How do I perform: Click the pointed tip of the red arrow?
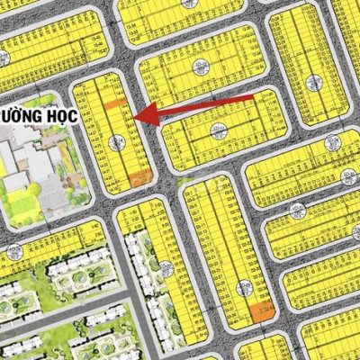pyautogui.click(x=135, y=114)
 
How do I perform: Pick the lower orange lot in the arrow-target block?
pyautogui.click(x=137, y=175)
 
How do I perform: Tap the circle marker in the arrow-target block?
pyautogui.click(x=116, y=142)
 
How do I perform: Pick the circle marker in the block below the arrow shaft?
pyautogui.click(x=215, y=130)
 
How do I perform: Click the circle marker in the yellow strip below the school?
pyautogui.click(x=12, y=250)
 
